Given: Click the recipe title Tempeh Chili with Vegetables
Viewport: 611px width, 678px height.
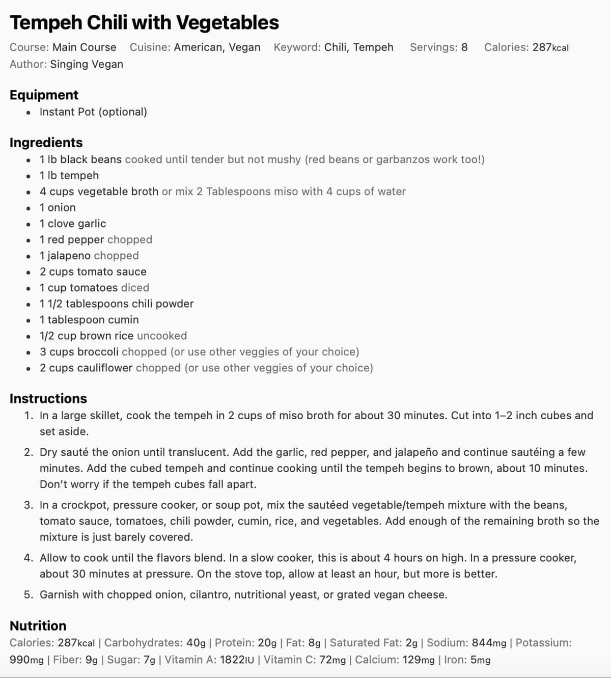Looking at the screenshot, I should coord(144,23).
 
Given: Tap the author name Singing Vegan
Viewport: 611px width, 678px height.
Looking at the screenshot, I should coord(87,64).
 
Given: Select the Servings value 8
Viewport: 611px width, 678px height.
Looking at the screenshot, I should coord(464,47).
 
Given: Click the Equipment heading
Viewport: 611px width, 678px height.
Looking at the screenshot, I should coord(44,95).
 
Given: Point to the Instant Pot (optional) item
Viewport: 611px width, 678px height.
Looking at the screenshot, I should coord(93,112).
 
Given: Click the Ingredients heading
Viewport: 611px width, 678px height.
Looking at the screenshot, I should coord(46,143).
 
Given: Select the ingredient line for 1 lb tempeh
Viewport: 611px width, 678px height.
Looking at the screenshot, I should coord(69,176).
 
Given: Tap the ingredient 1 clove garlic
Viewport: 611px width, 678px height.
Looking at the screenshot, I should coord(73,224).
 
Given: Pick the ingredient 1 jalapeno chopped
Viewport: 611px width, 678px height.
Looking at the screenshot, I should coord(89,256).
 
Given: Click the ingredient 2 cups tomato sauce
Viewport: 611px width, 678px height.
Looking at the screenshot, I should coord(93,272).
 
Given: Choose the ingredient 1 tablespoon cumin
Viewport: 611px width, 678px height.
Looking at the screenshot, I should coord(89,320).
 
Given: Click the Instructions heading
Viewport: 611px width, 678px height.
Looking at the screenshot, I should coord(48,399).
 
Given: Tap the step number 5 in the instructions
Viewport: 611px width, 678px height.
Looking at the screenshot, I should coord(29,595).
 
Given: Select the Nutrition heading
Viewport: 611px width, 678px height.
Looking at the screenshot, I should coord(38,626).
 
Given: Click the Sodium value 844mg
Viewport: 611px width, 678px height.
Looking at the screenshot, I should coord(489,643).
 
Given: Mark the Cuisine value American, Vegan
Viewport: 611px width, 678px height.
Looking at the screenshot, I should coord(217,47).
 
